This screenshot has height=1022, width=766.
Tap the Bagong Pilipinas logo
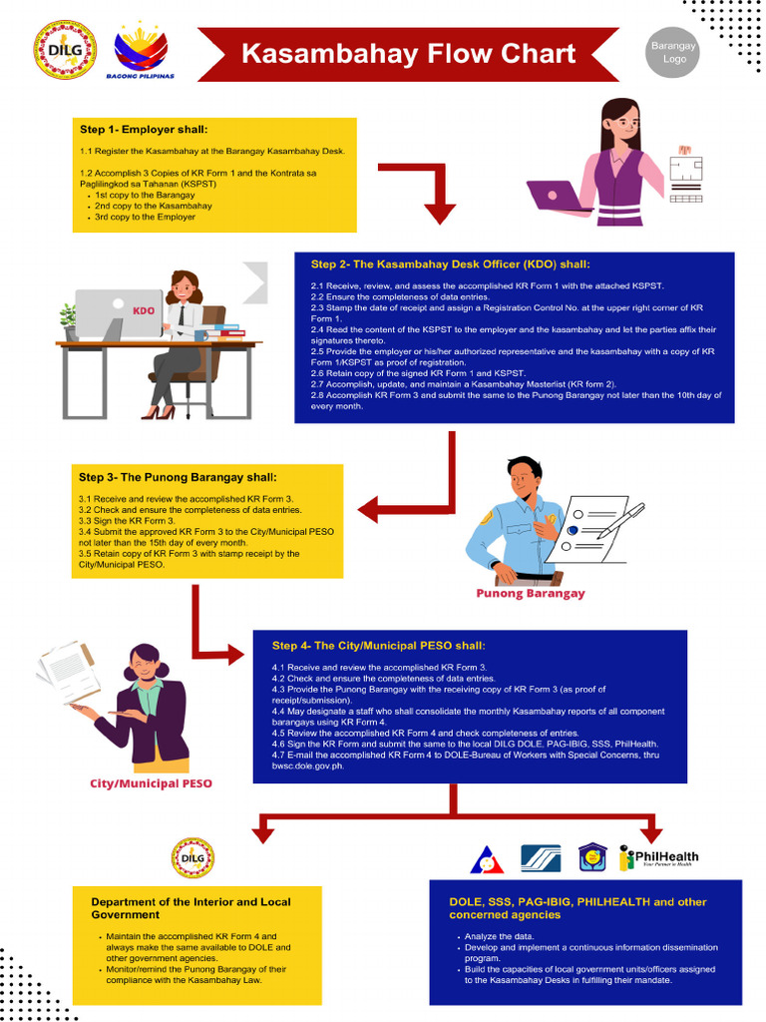click(141, 51)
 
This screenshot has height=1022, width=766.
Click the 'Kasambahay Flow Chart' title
click(409, 54)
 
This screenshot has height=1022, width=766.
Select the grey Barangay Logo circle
click(674, 53)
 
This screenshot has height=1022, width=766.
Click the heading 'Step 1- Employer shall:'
click(144, 130)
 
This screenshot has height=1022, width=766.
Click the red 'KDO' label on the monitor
click(144, 310)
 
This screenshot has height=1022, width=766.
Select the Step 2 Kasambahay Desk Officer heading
click(450, 264)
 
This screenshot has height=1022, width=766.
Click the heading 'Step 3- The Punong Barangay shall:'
click(178, 477)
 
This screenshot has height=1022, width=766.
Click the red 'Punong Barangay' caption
click(530, 593)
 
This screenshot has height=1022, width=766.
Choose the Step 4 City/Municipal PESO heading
click(378, 646)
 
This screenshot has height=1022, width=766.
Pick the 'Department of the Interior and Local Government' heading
click(191, 907)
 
